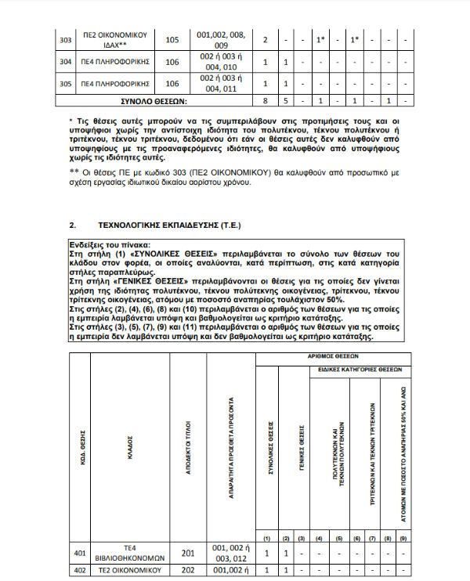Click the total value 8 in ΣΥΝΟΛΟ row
click(267, 100)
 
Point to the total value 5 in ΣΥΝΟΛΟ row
click(286, 100)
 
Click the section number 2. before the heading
click(73, 225)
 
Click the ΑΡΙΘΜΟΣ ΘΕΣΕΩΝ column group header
click(332, 356)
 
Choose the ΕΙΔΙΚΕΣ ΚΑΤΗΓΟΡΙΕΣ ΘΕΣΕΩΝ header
click(360, 367)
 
